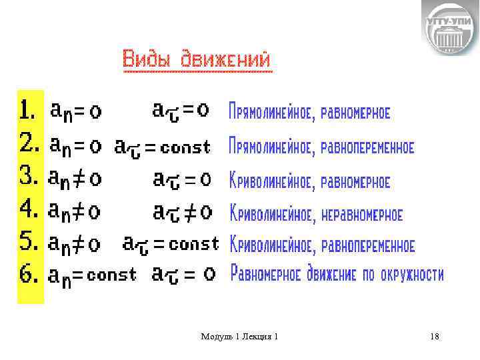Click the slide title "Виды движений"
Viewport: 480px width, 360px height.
[197, 59]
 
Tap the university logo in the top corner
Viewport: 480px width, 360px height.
[450, 28]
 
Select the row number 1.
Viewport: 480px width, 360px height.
[28, 111]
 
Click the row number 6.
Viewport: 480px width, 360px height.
[28, 275]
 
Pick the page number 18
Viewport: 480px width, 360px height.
[435, 337]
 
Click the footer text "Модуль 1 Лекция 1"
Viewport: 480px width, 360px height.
[239, 337]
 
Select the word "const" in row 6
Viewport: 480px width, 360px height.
[111, 275]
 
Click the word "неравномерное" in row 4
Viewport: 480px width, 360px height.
[362, 215]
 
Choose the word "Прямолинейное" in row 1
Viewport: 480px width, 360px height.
[271, 112]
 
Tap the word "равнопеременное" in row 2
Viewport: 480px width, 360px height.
[367, 146]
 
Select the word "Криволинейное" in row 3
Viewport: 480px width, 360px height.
[272, 181]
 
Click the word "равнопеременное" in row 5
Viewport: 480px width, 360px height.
[368, 245]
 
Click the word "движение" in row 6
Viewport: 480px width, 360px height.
[331, 275]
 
